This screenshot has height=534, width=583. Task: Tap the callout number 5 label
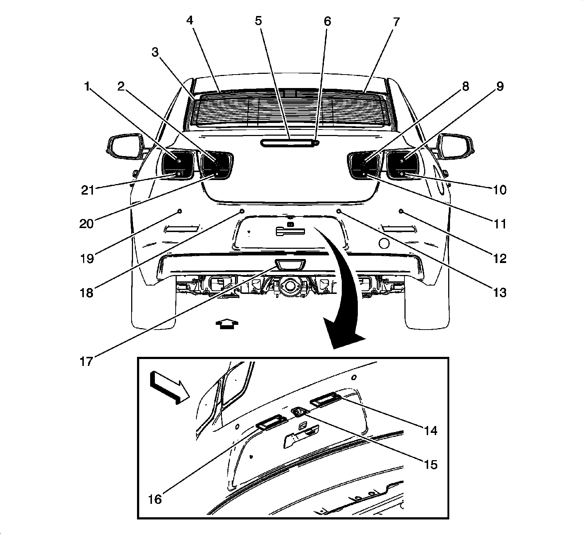[x=258, y=21]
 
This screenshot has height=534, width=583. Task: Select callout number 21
[x=87, y=190]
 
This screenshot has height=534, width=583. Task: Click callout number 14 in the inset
[x=430, y=430]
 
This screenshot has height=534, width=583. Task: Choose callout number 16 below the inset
[x=155, y=499]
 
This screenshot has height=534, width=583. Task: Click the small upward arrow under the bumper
[x=227, y=323]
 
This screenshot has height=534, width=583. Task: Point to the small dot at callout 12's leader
[x=401, y=211]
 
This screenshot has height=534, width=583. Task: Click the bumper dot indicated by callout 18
[x=242, y=211]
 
